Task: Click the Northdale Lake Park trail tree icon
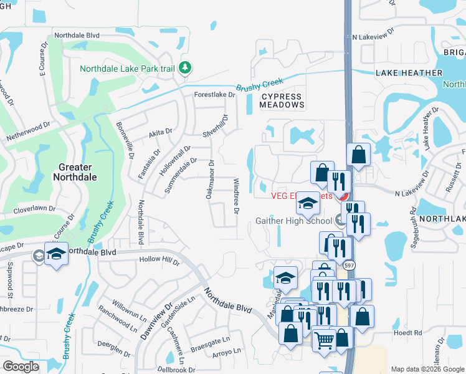pos(184,67)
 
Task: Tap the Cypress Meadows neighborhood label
pos(282,100)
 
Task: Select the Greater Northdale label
pos(75,172)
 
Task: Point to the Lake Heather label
pos(409,73)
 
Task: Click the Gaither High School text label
pos(293,221)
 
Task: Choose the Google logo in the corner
pos(21,367)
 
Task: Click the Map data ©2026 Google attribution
pos(427,369)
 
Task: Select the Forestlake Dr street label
pos(215,95)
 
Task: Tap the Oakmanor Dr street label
pos(211,180)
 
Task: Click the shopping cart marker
pos(325,340)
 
